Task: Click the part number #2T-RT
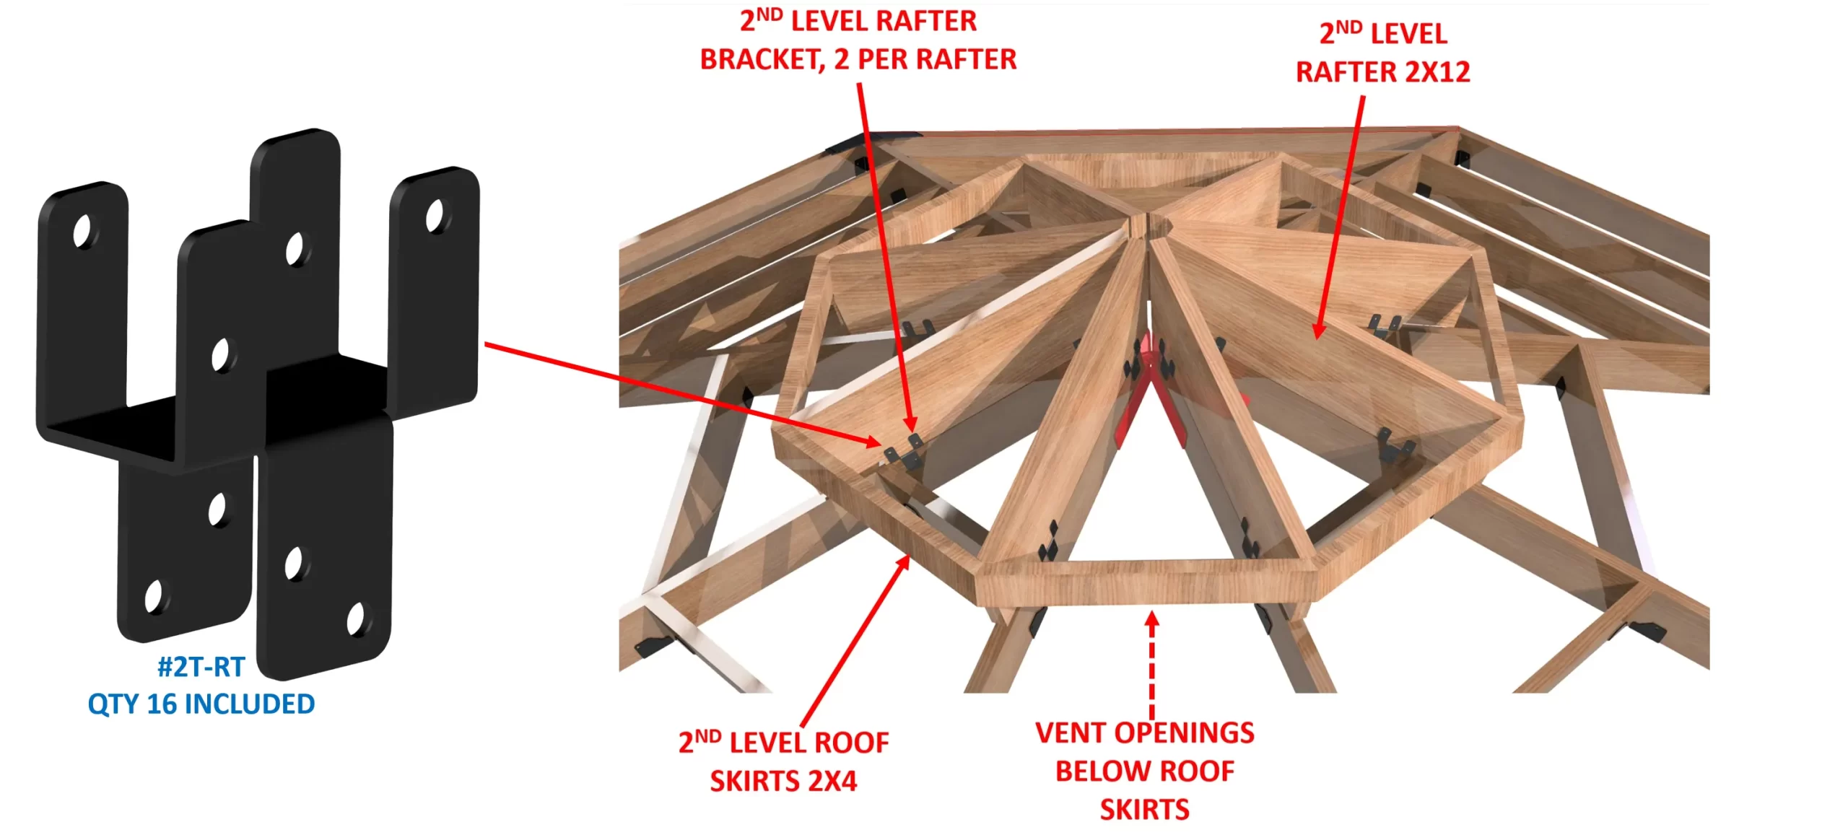tap(201, 668)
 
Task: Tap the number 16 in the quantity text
tap(162, 704)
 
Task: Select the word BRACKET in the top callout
tap(762, 60)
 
